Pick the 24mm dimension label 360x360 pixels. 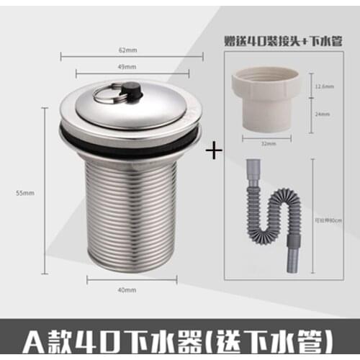point(322,113)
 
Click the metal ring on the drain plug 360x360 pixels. point(107,95)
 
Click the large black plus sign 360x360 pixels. point(212,152)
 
